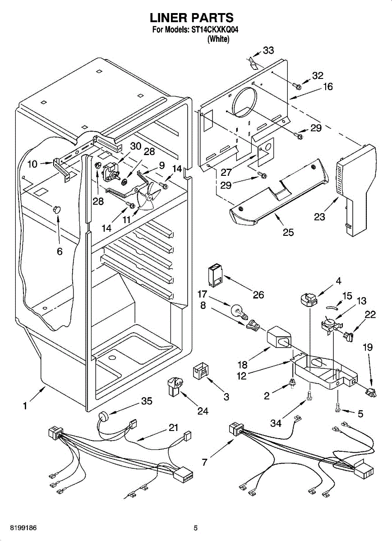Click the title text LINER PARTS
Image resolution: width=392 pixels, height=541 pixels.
point(191,18)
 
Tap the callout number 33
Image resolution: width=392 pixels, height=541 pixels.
point(268,50)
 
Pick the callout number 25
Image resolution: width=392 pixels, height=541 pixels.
point(288,232)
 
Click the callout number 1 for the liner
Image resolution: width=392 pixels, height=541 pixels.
point(25,406)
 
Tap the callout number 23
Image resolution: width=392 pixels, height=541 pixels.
point(319,217)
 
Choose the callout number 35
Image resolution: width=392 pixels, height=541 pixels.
point(147,401)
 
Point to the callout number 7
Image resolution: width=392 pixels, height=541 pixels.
point(205,462)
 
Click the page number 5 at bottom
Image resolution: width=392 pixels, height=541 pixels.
point(196,527)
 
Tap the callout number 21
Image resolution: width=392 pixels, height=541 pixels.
point(173,427)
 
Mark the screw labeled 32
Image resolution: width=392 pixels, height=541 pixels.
point(297,84)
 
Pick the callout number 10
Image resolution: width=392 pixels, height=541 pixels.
point(32,164)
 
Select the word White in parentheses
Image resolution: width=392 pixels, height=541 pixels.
point(218,40)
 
